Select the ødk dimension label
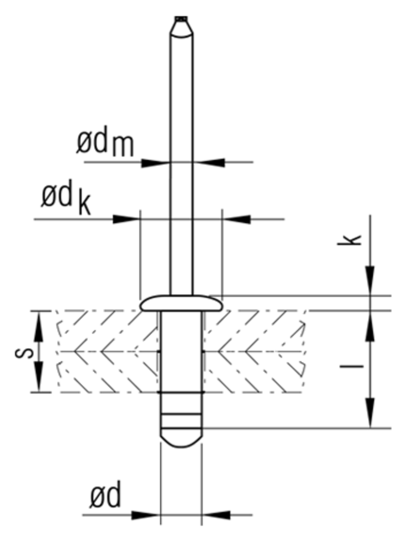(x=66, y=200)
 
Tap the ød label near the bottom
(x=106, y=497)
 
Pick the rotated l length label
(x=351, y=367)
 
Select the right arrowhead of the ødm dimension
(x=211, y=163)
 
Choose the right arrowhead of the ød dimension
(x=216, y=515)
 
